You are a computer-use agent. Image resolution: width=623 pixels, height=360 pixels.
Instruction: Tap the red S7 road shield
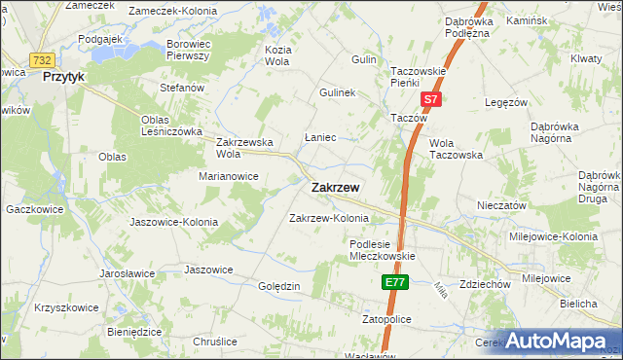coord(431,99)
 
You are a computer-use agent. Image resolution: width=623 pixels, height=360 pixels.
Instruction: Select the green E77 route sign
coord(393,282)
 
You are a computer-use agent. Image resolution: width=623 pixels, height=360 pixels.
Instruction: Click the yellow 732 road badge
coord(41,60)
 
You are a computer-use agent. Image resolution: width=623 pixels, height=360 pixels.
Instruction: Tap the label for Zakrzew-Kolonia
coord(329,218)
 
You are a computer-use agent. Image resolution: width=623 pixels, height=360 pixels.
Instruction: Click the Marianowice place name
coord(228,177)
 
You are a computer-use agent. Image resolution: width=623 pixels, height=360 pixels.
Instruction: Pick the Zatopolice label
coord(386,318)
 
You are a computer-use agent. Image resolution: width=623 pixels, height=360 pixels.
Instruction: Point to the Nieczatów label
coord(501,206)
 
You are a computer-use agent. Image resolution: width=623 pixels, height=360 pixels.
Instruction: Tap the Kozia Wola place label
coord(277,54)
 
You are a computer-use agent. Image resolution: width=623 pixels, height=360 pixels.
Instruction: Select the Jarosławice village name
coord(128,274)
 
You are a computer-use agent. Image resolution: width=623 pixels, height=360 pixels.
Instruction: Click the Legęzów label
coord(507,101)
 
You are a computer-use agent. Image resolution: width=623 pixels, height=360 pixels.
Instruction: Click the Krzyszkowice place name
coord(66,307)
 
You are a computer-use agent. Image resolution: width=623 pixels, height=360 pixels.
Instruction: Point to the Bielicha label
coord(578,305)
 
